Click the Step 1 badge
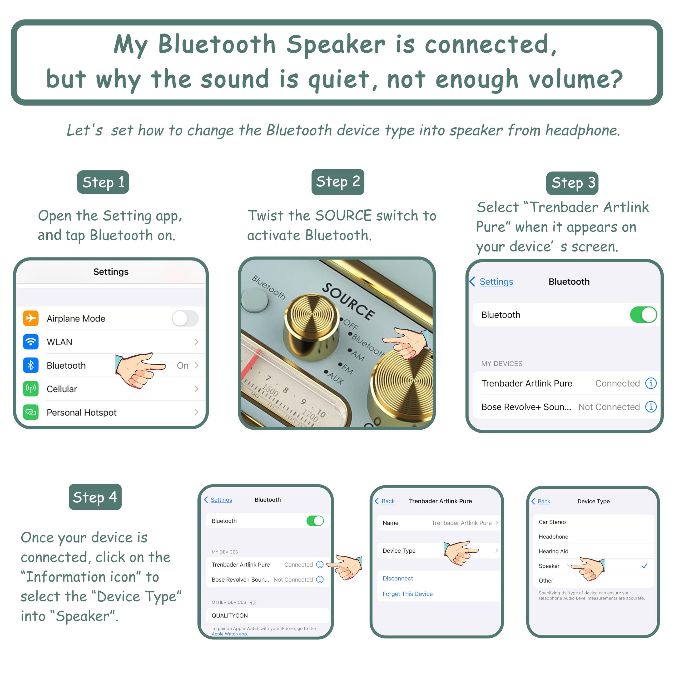103,182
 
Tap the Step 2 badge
338,182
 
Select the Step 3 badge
572,183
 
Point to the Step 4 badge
95,497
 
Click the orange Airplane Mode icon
31,318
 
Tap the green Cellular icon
31,389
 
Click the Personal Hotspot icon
31,412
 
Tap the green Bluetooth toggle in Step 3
643,315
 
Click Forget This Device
408,594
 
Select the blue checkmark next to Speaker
644,566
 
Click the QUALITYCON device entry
230,615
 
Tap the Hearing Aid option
553,551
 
